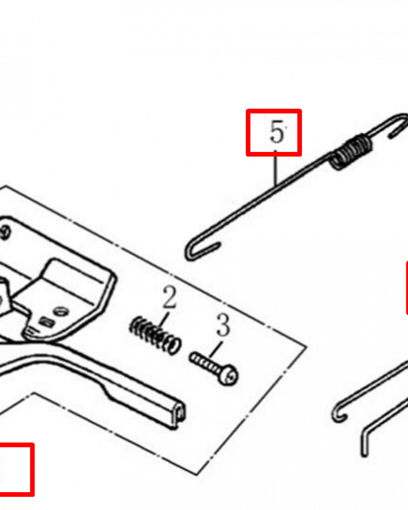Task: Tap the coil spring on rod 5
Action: coord(351,151)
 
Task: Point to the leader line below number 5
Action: coord(275,168)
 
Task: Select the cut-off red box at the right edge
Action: coord(406,288)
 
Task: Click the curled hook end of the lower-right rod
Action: coord(339,415)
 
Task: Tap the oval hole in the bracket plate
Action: coord(61,312)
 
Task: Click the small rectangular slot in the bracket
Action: coord(46,322)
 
